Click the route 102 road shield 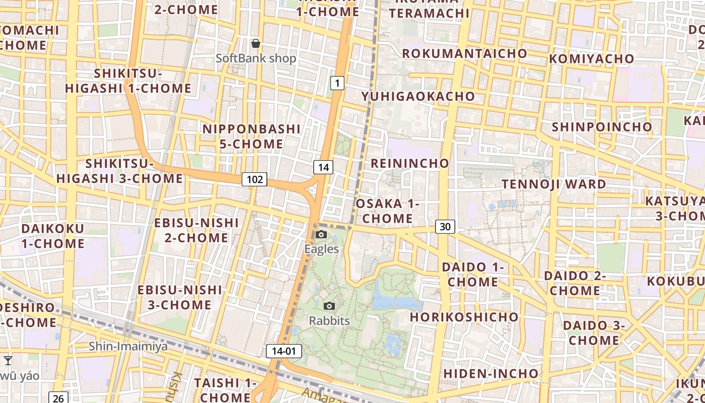click(254, 179)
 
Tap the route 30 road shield click(445, 227)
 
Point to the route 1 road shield click(337, 83)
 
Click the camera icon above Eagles click(321, 234)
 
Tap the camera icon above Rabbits click(329, 306)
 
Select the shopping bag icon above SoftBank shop click(256, 43)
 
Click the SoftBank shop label click(256, 58)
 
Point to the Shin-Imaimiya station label click(128, 347)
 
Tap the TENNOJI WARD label click(554, 184)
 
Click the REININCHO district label click(410, 163)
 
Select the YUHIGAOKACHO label click(418, 96)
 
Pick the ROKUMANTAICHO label click(464, 53)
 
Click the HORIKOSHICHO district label click(464, 317)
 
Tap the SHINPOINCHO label click(602, 126)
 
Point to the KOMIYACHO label click(591, 59)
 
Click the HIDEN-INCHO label click(491, 373)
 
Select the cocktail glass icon click(8, 360)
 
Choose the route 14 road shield click(323, 167)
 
